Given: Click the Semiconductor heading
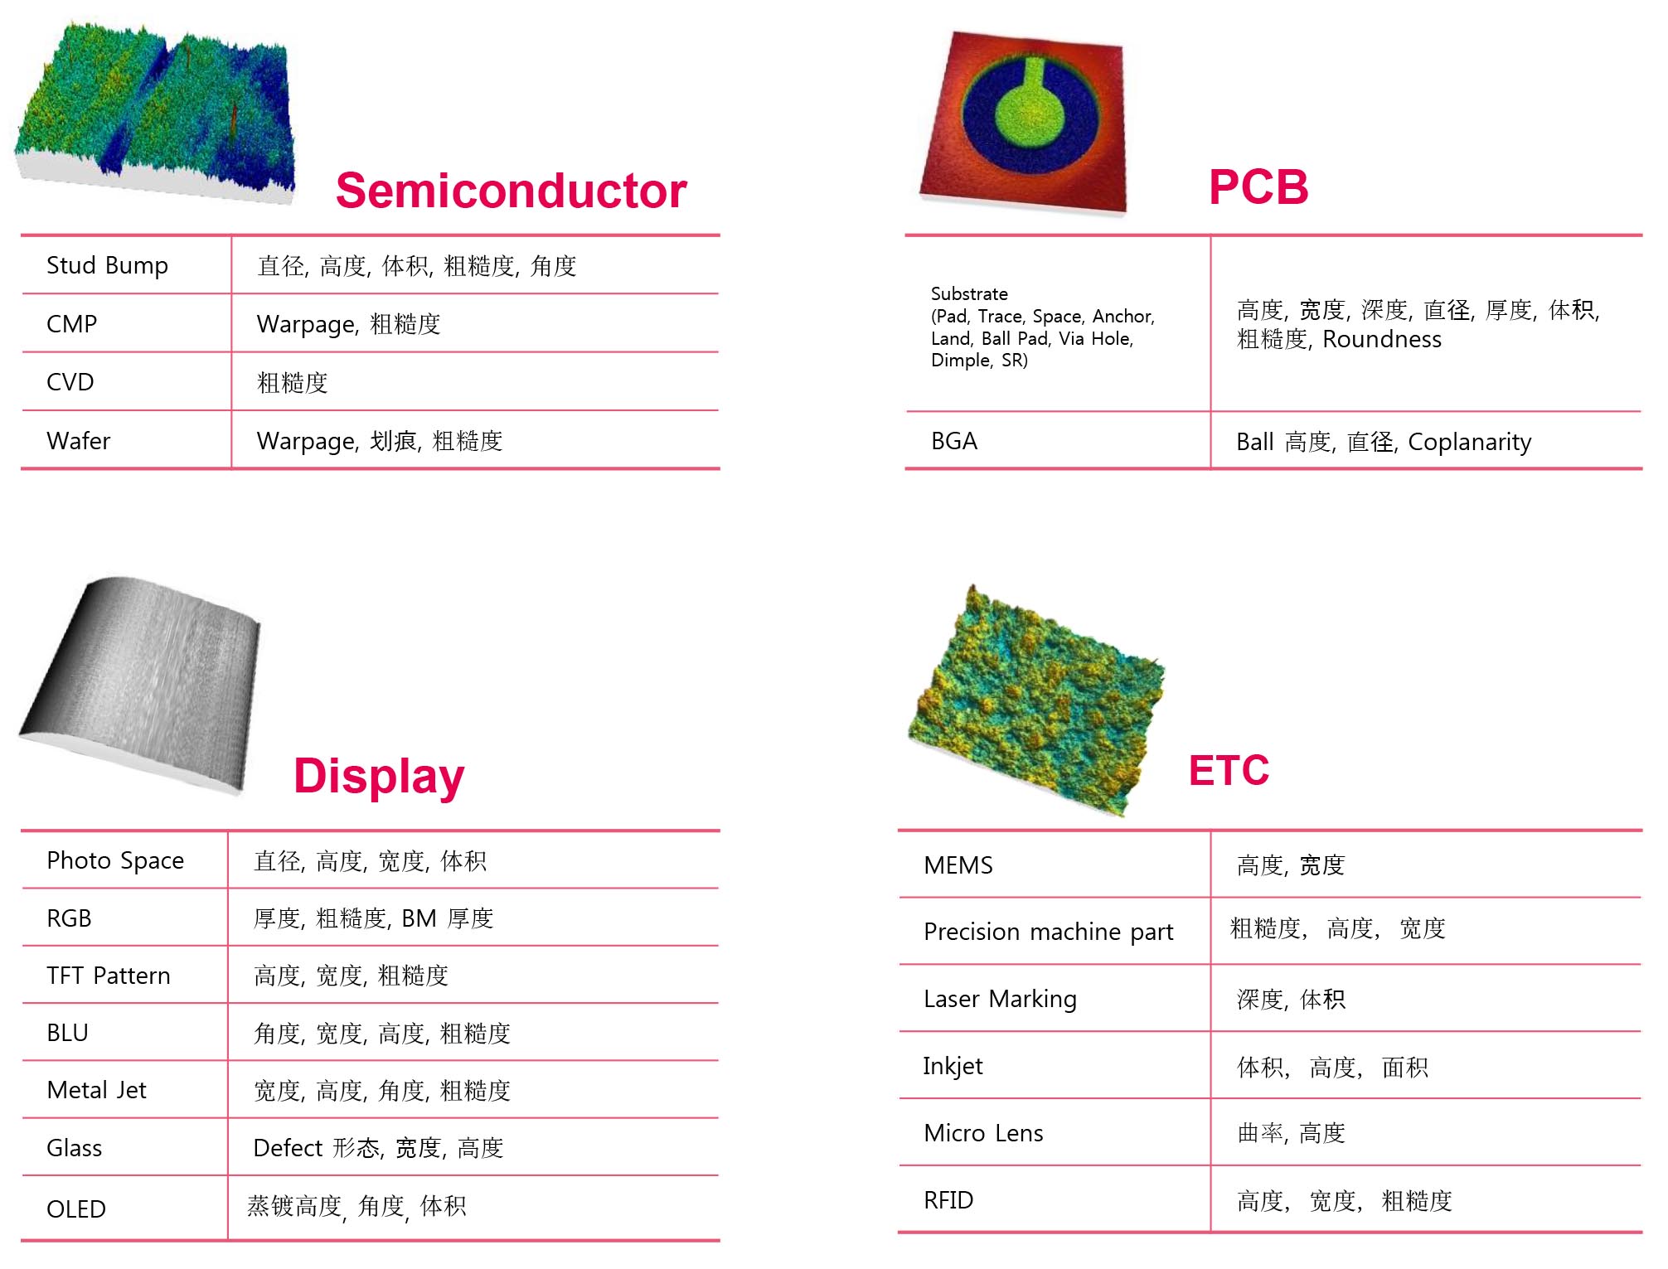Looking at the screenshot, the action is (511, 191).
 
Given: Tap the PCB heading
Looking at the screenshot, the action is (1258, 186).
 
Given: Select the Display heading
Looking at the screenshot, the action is (379, 777).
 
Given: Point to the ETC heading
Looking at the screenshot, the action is (1229, 770).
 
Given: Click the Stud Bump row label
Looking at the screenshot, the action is (107, 265).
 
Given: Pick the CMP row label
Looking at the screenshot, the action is (71, 324).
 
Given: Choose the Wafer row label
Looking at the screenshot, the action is (78, 441).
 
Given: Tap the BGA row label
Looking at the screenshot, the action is (953, 441).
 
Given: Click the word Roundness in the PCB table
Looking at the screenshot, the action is (1382, 339).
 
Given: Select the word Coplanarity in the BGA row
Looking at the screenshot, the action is (1469, 443).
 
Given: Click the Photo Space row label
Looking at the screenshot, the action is (115, 860).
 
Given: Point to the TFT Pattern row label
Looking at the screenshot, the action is (109, 976).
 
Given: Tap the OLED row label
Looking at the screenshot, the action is (76, 1209).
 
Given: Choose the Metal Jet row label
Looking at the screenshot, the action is (96, 1090).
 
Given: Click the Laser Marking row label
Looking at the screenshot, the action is (1000, 1000).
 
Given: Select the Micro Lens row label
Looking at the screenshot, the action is (983, 1133).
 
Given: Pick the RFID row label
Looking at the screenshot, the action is (948, 1200).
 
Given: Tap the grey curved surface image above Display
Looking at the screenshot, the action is (141, 684).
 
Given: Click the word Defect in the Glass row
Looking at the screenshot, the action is (288, 1148).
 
